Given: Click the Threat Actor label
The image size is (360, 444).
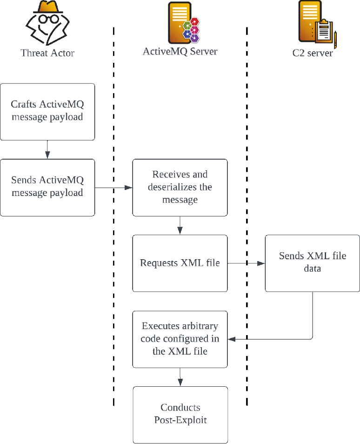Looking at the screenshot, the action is (47, 53).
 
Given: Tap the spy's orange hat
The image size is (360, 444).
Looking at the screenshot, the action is (48, 7).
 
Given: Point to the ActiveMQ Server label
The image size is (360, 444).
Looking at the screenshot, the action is (180, 51).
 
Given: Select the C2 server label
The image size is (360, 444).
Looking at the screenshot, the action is (313, 53).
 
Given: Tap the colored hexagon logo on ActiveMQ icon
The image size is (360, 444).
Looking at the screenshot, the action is (191, 30).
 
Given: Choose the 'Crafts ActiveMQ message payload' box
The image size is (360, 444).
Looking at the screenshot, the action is (47, 112).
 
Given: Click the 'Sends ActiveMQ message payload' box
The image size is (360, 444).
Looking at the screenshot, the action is (47, 188).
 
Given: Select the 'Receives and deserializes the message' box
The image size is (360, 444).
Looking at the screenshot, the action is (180, 188).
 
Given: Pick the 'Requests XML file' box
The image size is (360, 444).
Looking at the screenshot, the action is (180, 263).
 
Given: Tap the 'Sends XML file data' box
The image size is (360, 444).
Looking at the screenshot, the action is (313, 263).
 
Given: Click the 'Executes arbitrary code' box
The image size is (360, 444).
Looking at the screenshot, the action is (180, 339).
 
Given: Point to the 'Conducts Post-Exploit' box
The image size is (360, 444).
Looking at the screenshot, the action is (180, 415).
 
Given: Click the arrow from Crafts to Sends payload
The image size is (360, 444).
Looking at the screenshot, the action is (47, 149).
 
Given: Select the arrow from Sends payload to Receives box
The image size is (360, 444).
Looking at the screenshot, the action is (113, 188).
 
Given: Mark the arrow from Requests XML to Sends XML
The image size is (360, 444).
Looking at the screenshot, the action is (246, 263).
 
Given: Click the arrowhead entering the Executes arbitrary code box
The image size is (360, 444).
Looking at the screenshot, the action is (232, 339).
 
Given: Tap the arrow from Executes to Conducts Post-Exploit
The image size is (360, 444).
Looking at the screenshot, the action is (180, 377).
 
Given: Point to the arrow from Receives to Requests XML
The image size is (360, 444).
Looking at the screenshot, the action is (180, 225).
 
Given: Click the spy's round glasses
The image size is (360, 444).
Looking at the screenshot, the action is (48, 19).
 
